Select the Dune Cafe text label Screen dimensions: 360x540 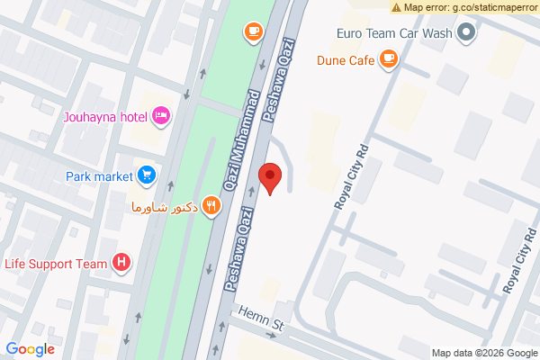click(345, 62)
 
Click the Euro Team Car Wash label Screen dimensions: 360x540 click(392, 34)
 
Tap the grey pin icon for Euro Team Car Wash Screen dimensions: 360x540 click(466, 34)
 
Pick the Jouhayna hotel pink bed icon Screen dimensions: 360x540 click(162, 114)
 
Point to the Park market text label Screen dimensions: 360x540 click(100, 175)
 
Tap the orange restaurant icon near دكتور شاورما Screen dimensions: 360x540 click(211, 205)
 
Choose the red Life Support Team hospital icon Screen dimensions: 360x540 click(122, 263)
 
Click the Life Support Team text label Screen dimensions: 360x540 click(56, 263)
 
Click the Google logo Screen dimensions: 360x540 click(30, 349)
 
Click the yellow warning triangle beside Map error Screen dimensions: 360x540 click(397, 7)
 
